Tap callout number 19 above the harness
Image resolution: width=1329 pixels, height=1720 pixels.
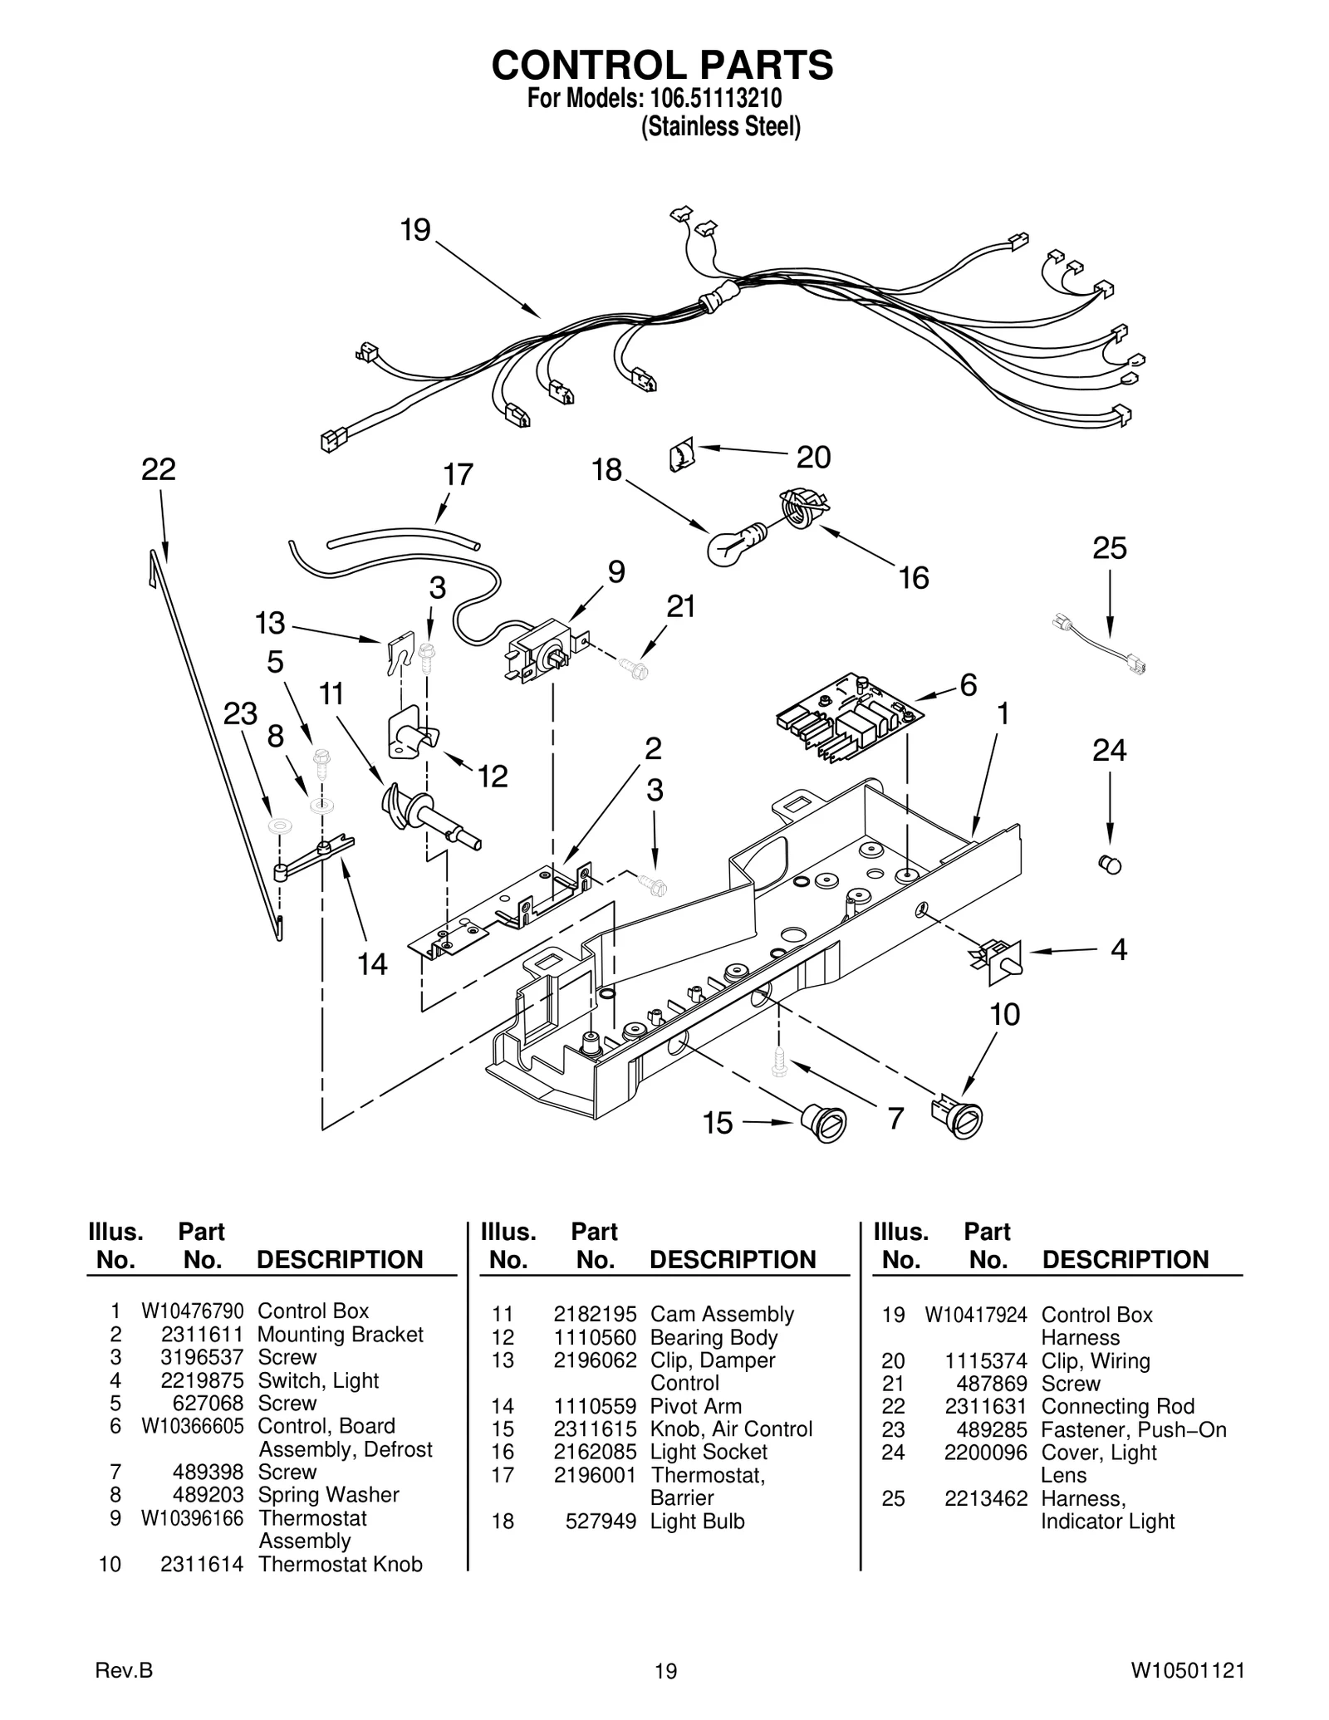(x=415, y=230)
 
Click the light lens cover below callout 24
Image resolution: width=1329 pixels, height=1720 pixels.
(x=1110, y=864)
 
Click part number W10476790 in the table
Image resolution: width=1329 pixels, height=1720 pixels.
(x=192, y=1311)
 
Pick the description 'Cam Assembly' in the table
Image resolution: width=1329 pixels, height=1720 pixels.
(x=722, y=1315)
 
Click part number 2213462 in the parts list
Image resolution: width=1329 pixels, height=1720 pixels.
(x=985, y=1499)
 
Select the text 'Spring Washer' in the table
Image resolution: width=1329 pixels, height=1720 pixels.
(x=328, y=1495)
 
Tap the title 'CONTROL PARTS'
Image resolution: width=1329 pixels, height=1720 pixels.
(x=662, y=65)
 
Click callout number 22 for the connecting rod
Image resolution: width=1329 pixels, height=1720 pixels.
(x=159, y=470)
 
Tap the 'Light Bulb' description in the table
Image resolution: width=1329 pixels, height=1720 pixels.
(x=697, y=1522)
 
